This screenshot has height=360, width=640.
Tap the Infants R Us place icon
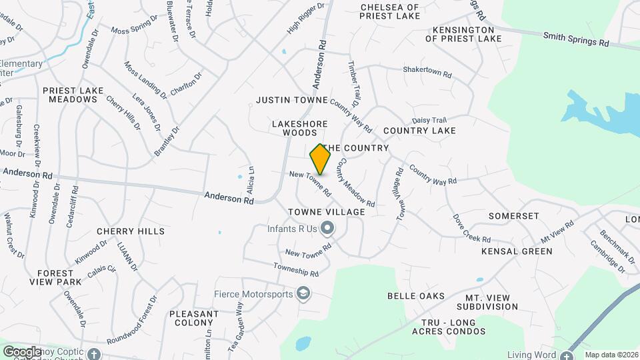point(327,229)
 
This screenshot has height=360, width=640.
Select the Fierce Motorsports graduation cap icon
point(304,294)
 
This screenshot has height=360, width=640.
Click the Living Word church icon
point(567,355)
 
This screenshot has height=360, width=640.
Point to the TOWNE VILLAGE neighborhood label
point(327,212)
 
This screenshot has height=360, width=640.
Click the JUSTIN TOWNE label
point(292,100)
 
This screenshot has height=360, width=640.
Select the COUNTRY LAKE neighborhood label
point(419,131)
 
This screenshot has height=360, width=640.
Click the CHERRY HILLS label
point(131,231)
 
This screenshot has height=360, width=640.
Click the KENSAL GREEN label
point(517,251)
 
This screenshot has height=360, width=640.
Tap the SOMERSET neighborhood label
point(513,216)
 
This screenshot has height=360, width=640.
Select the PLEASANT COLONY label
point(194,318)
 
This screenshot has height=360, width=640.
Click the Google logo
point(22,351)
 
